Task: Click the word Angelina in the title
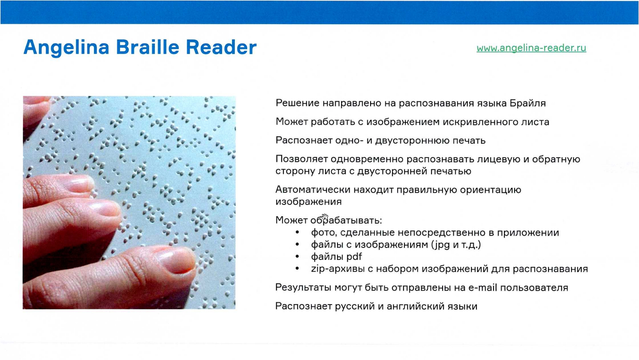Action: point(66,47)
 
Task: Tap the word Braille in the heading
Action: point(148,47)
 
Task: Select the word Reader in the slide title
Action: point(221,47)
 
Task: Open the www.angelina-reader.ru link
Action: point(531,48)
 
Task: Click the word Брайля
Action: point(527,103)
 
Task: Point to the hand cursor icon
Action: point(325,218)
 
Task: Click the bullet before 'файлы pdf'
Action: point(297,257)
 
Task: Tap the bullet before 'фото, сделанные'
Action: point(297,233)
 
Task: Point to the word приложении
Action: point(528,233)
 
